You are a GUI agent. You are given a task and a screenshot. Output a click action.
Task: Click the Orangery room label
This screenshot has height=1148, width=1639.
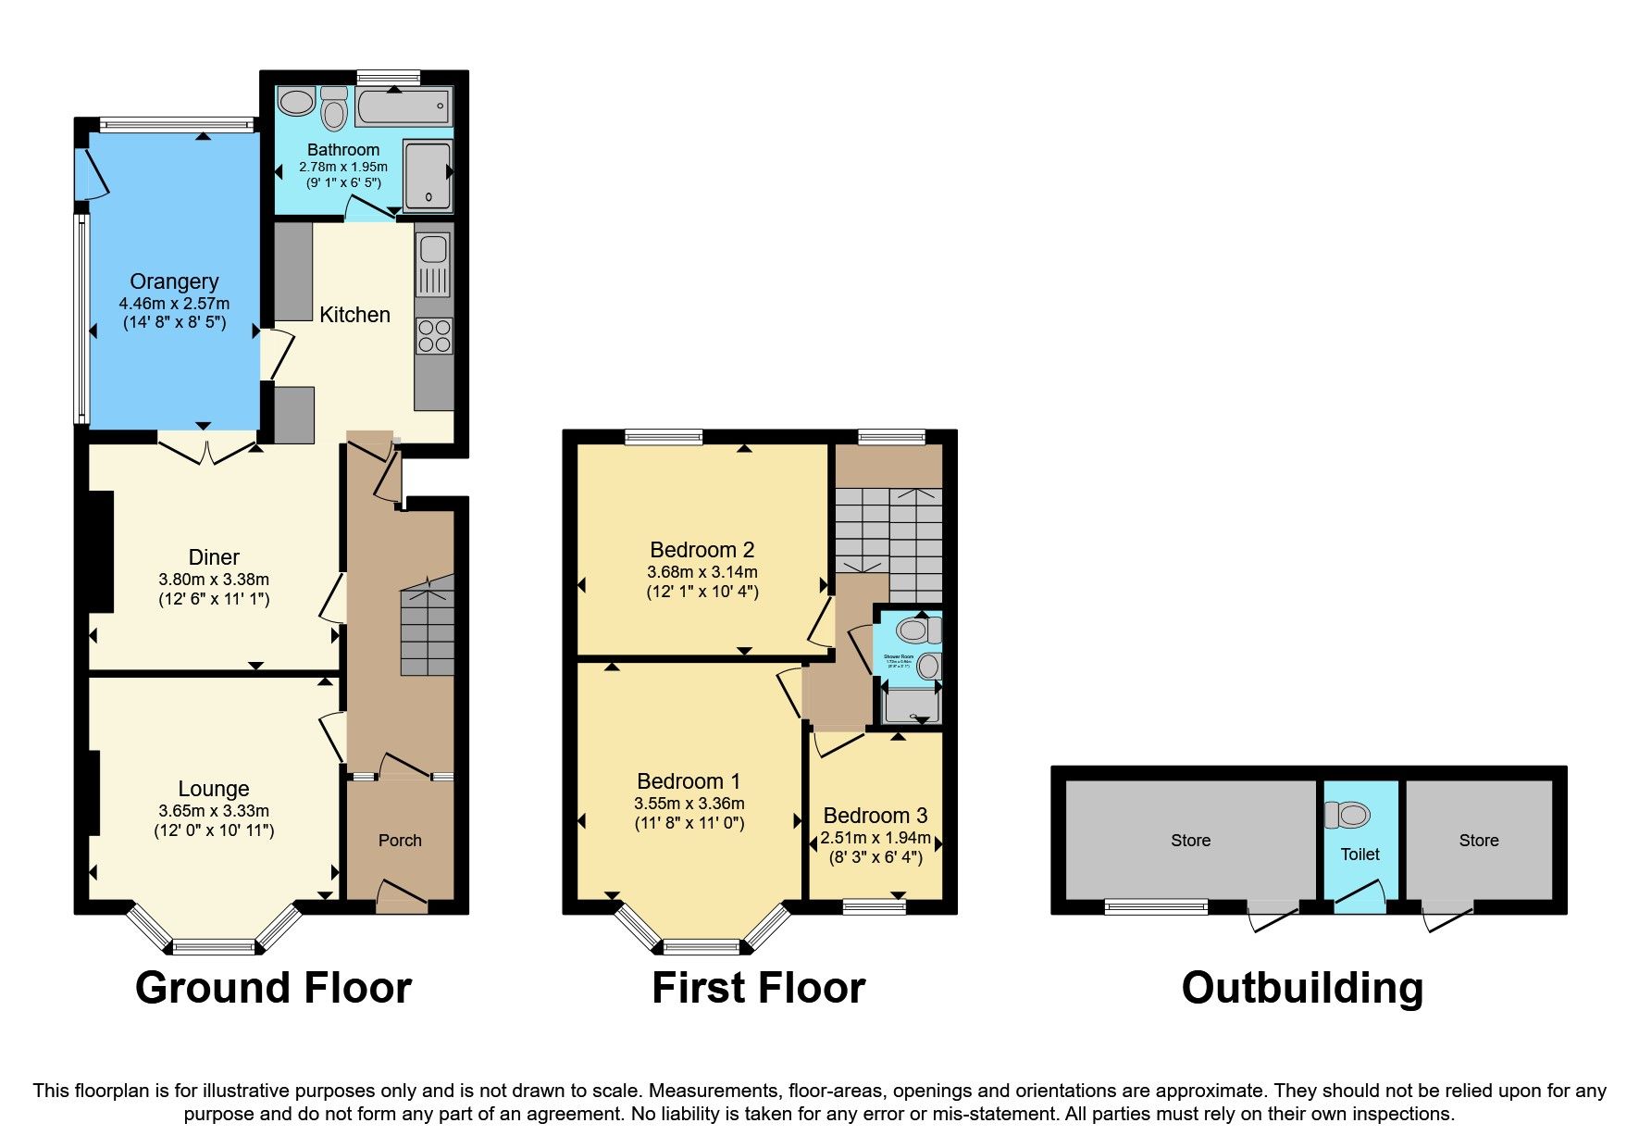coord(174,281)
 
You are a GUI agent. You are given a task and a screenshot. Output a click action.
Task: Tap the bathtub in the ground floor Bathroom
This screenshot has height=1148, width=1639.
coord(403,107)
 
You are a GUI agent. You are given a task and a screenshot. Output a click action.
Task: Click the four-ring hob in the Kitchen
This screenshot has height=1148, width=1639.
coord(434,335)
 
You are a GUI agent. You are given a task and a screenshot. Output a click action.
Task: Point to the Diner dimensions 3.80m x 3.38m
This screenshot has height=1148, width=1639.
coord(214,580)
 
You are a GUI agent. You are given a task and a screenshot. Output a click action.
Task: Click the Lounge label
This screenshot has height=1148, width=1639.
coord(214,789)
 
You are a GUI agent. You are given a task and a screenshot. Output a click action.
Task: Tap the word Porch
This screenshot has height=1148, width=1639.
coord(400,841)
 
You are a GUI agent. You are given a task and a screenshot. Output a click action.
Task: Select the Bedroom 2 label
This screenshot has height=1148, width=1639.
coord(702,550)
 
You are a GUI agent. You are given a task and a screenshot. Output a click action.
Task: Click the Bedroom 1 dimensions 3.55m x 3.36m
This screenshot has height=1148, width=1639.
coord(689,804)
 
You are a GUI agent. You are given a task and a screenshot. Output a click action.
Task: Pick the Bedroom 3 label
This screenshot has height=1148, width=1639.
coord(875,816)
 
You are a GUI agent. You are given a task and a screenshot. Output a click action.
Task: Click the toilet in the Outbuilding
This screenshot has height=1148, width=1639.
coord(1347,815)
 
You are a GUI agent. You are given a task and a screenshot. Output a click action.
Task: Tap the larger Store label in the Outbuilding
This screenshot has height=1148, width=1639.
coord(1190,841)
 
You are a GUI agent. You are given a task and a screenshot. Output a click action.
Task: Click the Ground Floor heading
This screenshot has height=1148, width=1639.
coord(273,988)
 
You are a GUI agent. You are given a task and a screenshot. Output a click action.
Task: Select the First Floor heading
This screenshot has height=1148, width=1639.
coord(758,988)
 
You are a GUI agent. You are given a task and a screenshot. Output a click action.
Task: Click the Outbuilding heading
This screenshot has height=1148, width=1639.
coord(1302,988)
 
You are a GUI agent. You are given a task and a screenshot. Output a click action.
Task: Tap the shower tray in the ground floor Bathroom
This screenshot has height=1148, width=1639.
coord(428,176)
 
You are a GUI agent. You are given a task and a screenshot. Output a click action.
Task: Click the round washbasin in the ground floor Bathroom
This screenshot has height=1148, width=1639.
coord(296,102)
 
